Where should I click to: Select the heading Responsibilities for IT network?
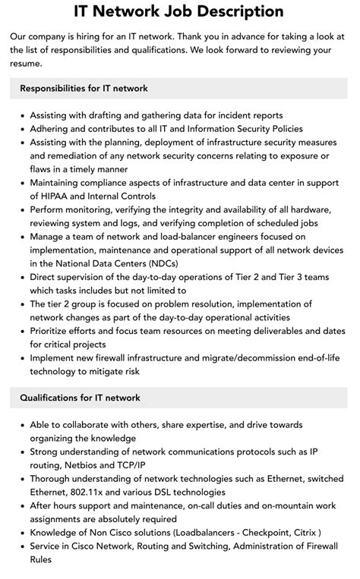pyautogui.click(x=84, y=88)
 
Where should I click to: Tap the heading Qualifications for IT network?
pyautogui.click(x=80, y=398)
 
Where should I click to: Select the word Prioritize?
pyautogui.click(x=53, y=331)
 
